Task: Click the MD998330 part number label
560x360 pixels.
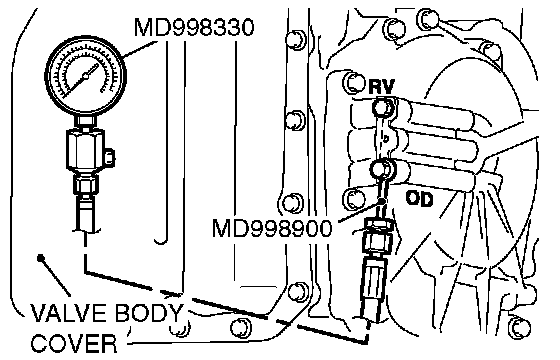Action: click(x=194, y=28)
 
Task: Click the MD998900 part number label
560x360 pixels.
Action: click(x=272, y=229)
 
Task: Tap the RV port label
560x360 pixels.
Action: click(x=381, y=86)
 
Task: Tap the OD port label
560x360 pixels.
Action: click(x=419, y=199)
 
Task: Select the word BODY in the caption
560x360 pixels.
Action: click(x=150, y=313)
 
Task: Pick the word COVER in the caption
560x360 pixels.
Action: click(x=74, y=344)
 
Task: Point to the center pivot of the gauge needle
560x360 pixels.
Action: click(x=86, y=76)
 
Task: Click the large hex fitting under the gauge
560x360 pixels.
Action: click(x=85, y=149)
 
